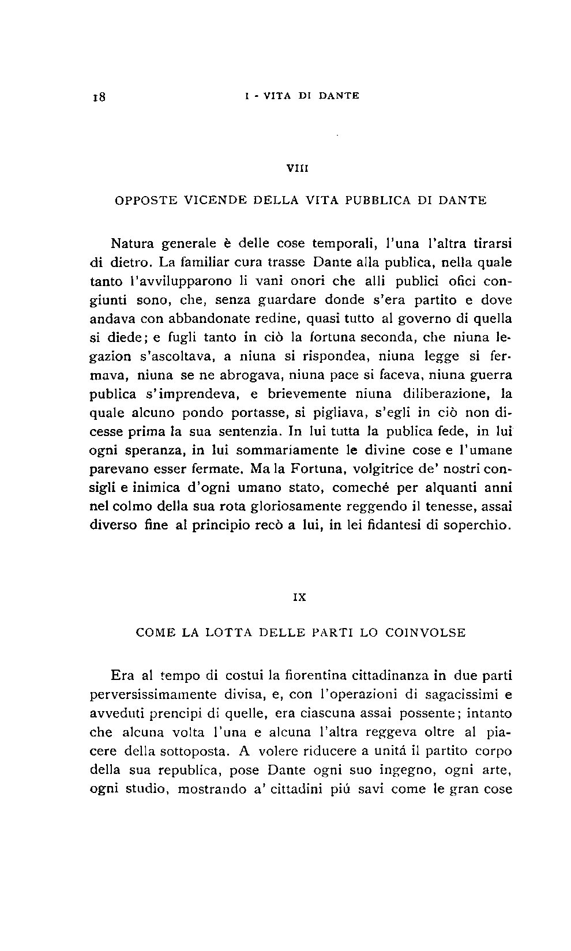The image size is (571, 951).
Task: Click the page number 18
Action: (97, 97)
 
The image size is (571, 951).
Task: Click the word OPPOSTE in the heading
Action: (145, 201)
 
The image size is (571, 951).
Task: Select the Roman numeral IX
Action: (299, 598)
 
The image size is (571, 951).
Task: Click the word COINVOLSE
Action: (425, 633)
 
